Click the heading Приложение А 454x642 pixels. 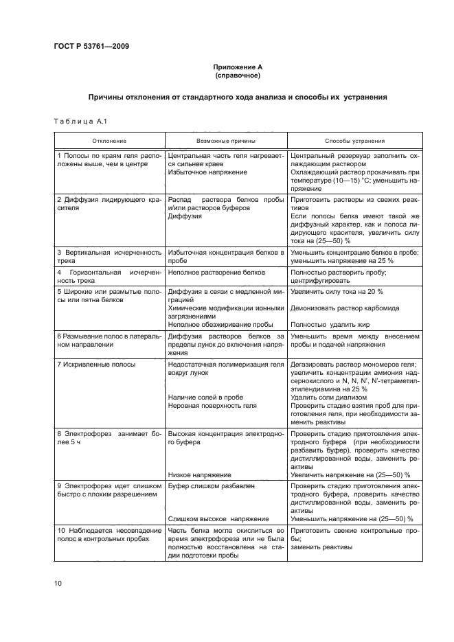click(237, 67)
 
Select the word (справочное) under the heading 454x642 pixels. click(237, 76)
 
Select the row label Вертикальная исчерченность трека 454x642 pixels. click(109, 257)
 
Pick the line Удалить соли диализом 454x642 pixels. click(324, 397)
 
